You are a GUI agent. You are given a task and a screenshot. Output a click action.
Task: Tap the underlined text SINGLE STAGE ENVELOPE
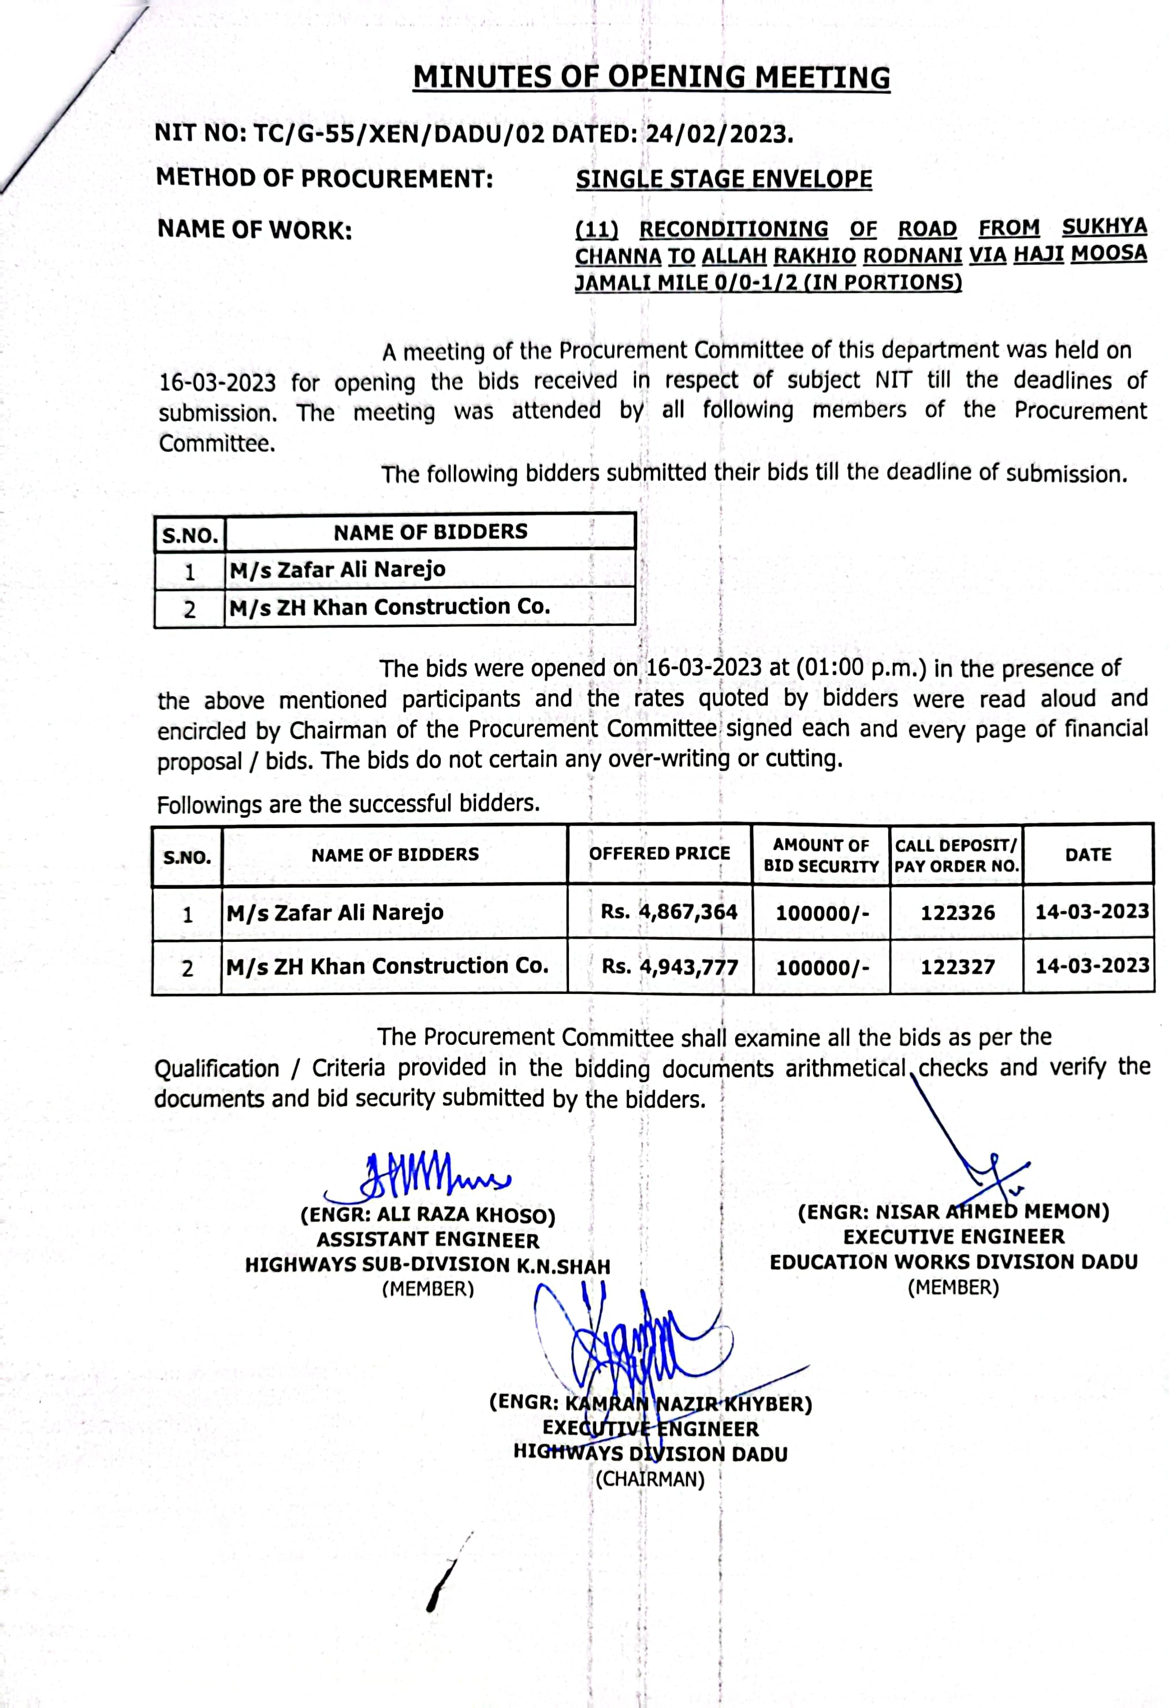724,179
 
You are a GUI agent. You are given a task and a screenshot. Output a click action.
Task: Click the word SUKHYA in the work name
1104,227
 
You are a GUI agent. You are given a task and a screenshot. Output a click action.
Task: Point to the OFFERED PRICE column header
659,853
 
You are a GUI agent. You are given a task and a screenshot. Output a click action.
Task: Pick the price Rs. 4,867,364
669,912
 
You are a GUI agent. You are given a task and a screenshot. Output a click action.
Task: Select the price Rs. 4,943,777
669,967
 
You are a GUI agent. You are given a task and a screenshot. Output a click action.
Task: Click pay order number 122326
958,913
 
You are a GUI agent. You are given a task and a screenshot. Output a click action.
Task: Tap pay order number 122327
958,967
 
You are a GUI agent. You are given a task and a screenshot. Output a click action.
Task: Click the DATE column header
1088,855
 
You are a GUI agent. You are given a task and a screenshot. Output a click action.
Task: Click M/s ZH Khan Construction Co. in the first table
389,607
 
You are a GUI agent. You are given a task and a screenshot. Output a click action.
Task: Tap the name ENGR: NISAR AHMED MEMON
953,1212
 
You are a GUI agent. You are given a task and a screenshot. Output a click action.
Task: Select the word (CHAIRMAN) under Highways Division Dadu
650,1479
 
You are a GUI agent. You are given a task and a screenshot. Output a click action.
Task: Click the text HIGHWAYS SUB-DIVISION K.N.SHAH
427,1265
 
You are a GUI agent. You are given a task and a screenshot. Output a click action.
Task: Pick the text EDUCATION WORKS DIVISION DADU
953,1262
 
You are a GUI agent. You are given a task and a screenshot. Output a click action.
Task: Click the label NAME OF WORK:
254,230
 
